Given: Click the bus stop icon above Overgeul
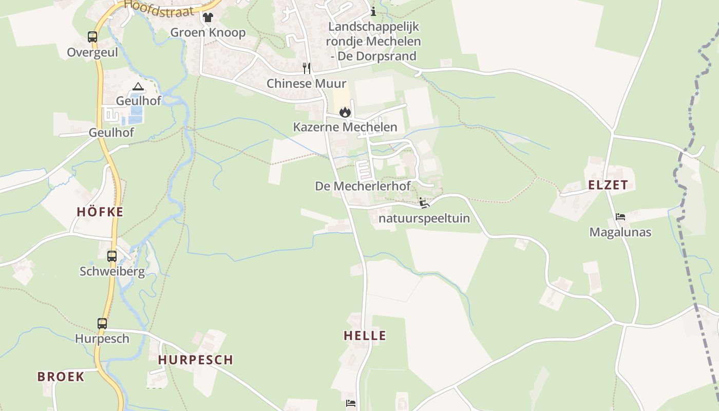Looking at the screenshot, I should [92, 37].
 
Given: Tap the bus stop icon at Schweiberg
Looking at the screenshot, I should [112, 256].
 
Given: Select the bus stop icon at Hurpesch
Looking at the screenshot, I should [102, 324].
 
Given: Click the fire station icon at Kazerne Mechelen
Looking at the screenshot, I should [345, 112].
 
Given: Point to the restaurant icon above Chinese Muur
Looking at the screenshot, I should [307, 68].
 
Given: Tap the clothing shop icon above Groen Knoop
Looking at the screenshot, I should [207, 17].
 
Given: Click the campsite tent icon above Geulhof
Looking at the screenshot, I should [138, 86].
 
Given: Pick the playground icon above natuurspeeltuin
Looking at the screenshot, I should [424, 203].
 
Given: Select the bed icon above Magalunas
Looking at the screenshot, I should [620, 217].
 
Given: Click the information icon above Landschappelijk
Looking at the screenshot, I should [373, 11].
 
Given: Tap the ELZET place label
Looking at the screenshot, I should [608, 185].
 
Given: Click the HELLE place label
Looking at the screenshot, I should [365, 336].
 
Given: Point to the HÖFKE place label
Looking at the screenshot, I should [100, 212].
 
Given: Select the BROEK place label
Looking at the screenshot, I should [61, 377].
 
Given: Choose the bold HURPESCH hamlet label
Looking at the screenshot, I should [196, 360].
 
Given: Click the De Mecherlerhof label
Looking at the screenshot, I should [363, 186].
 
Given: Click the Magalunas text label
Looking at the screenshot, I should [620, 232].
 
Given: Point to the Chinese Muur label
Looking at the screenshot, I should [307, 83].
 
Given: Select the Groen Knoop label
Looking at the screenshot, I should [208, 32].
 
